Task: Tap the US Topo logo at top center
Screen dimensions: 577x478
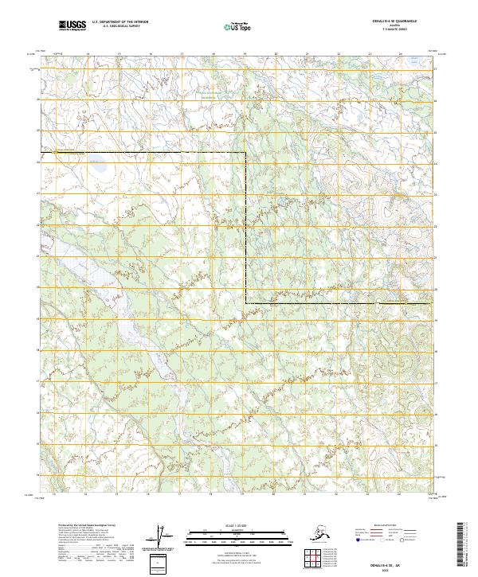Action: (233, 27)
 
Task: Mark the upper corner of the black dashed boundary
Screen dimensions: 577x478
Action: (245, 151)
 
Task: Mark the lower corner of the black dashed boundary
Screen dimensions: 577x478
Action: (245, 303)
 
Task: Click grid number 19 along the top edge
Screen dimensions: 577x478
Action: (245, 53)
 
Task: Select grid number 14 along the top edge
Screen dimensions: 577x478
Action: (88, 53)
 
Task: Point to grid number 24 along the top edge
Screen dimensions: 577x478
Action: (400, 53)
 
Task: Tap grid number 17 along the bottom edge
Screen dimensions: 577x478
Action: (182, 493)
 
